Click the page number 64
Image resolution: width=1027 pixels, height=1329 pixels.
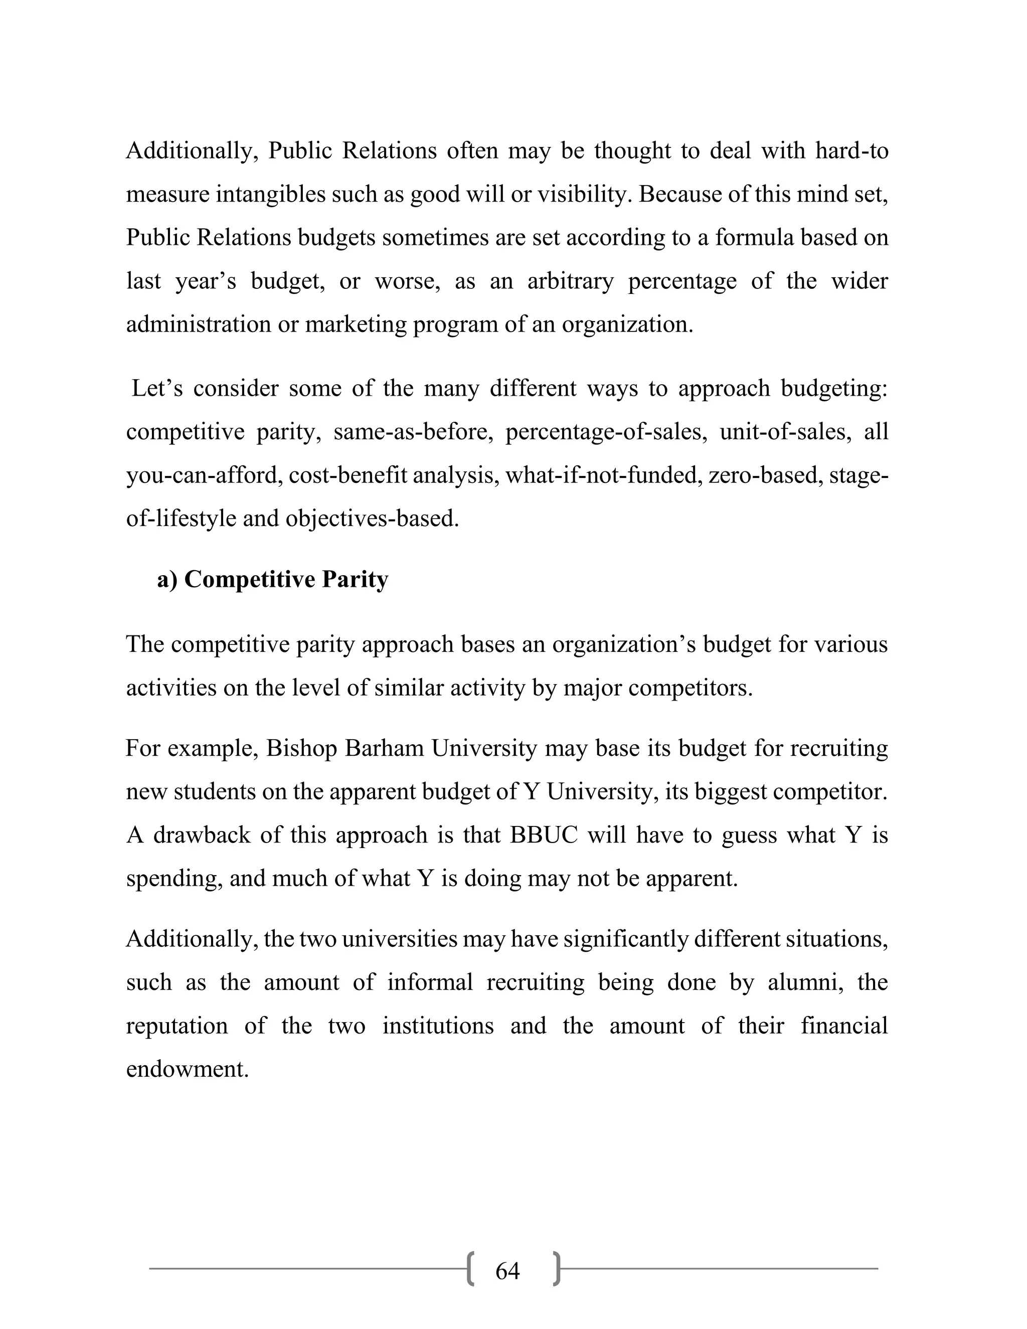pyautogui.click(x=507, y=1271)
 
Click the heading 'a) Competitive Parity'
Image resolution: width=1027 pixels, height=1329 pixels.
pyautogui.click(x=272, y=579)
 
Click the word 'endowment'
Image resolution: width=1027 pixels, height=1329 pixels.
pyautogui.click(x=188, y=1069)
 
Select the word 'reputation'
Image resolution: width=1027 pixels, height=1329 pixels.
pyautogui.click(x=177, y=1026)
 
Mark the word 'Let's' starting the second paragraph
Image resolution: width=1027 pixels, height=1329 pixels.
pyautogui.click(x=157, y=388)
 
